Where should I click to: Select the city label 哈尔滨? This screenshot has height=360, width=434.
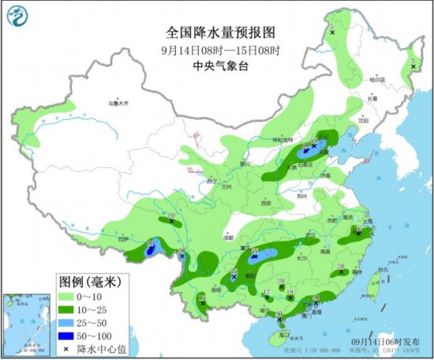click(x=380, y=80)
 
